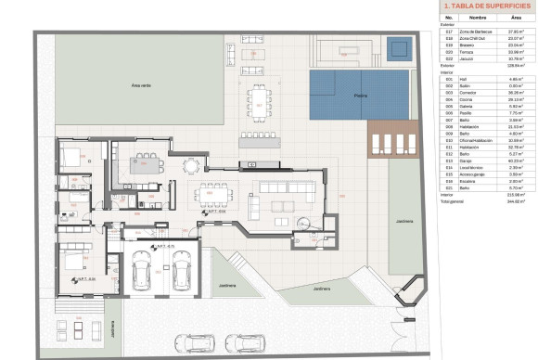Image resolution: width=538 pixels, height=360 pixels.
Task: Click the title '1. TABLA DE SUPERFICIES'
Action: coord(483,6)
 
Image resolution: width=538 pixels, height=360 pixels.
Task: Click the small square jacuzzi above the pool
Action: coord(398,47)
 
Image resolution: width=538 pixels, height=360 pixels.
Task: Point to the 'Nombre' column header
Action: coord(477,17)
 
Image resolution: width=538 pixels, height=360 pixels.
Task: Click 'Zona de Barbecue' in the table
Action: coord(474,32)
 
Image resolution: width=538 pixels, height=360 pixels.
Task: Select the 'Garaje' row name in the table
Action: coord(466,160)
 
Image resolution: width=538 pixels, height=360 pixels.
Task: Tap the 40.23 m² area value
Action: coord(516,160)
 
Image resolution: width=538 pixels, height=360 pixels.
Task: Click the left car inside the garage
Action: coord(142,270)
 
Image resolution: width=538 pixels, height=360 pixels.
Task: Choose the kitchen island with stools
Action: coord(147,166)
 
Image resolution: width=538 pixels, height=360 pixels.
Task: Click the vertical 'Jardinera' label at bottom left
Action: coord(110,330)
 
